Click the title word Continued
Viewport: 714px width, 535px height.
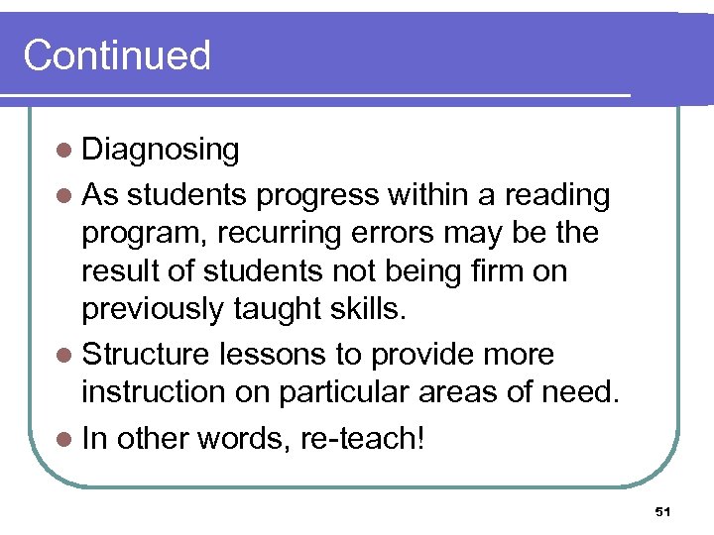pos(117,55)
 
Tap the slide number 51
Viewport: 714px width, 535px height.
pos(663,511)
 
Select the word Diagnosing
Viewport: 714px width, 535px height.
pos(161,151)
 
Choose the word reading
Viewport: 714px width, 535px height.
pos(557,195)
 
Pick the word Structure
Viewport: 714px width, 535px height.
pos(146,355)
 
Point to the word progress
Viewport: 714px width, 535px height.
pos(319,195)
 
